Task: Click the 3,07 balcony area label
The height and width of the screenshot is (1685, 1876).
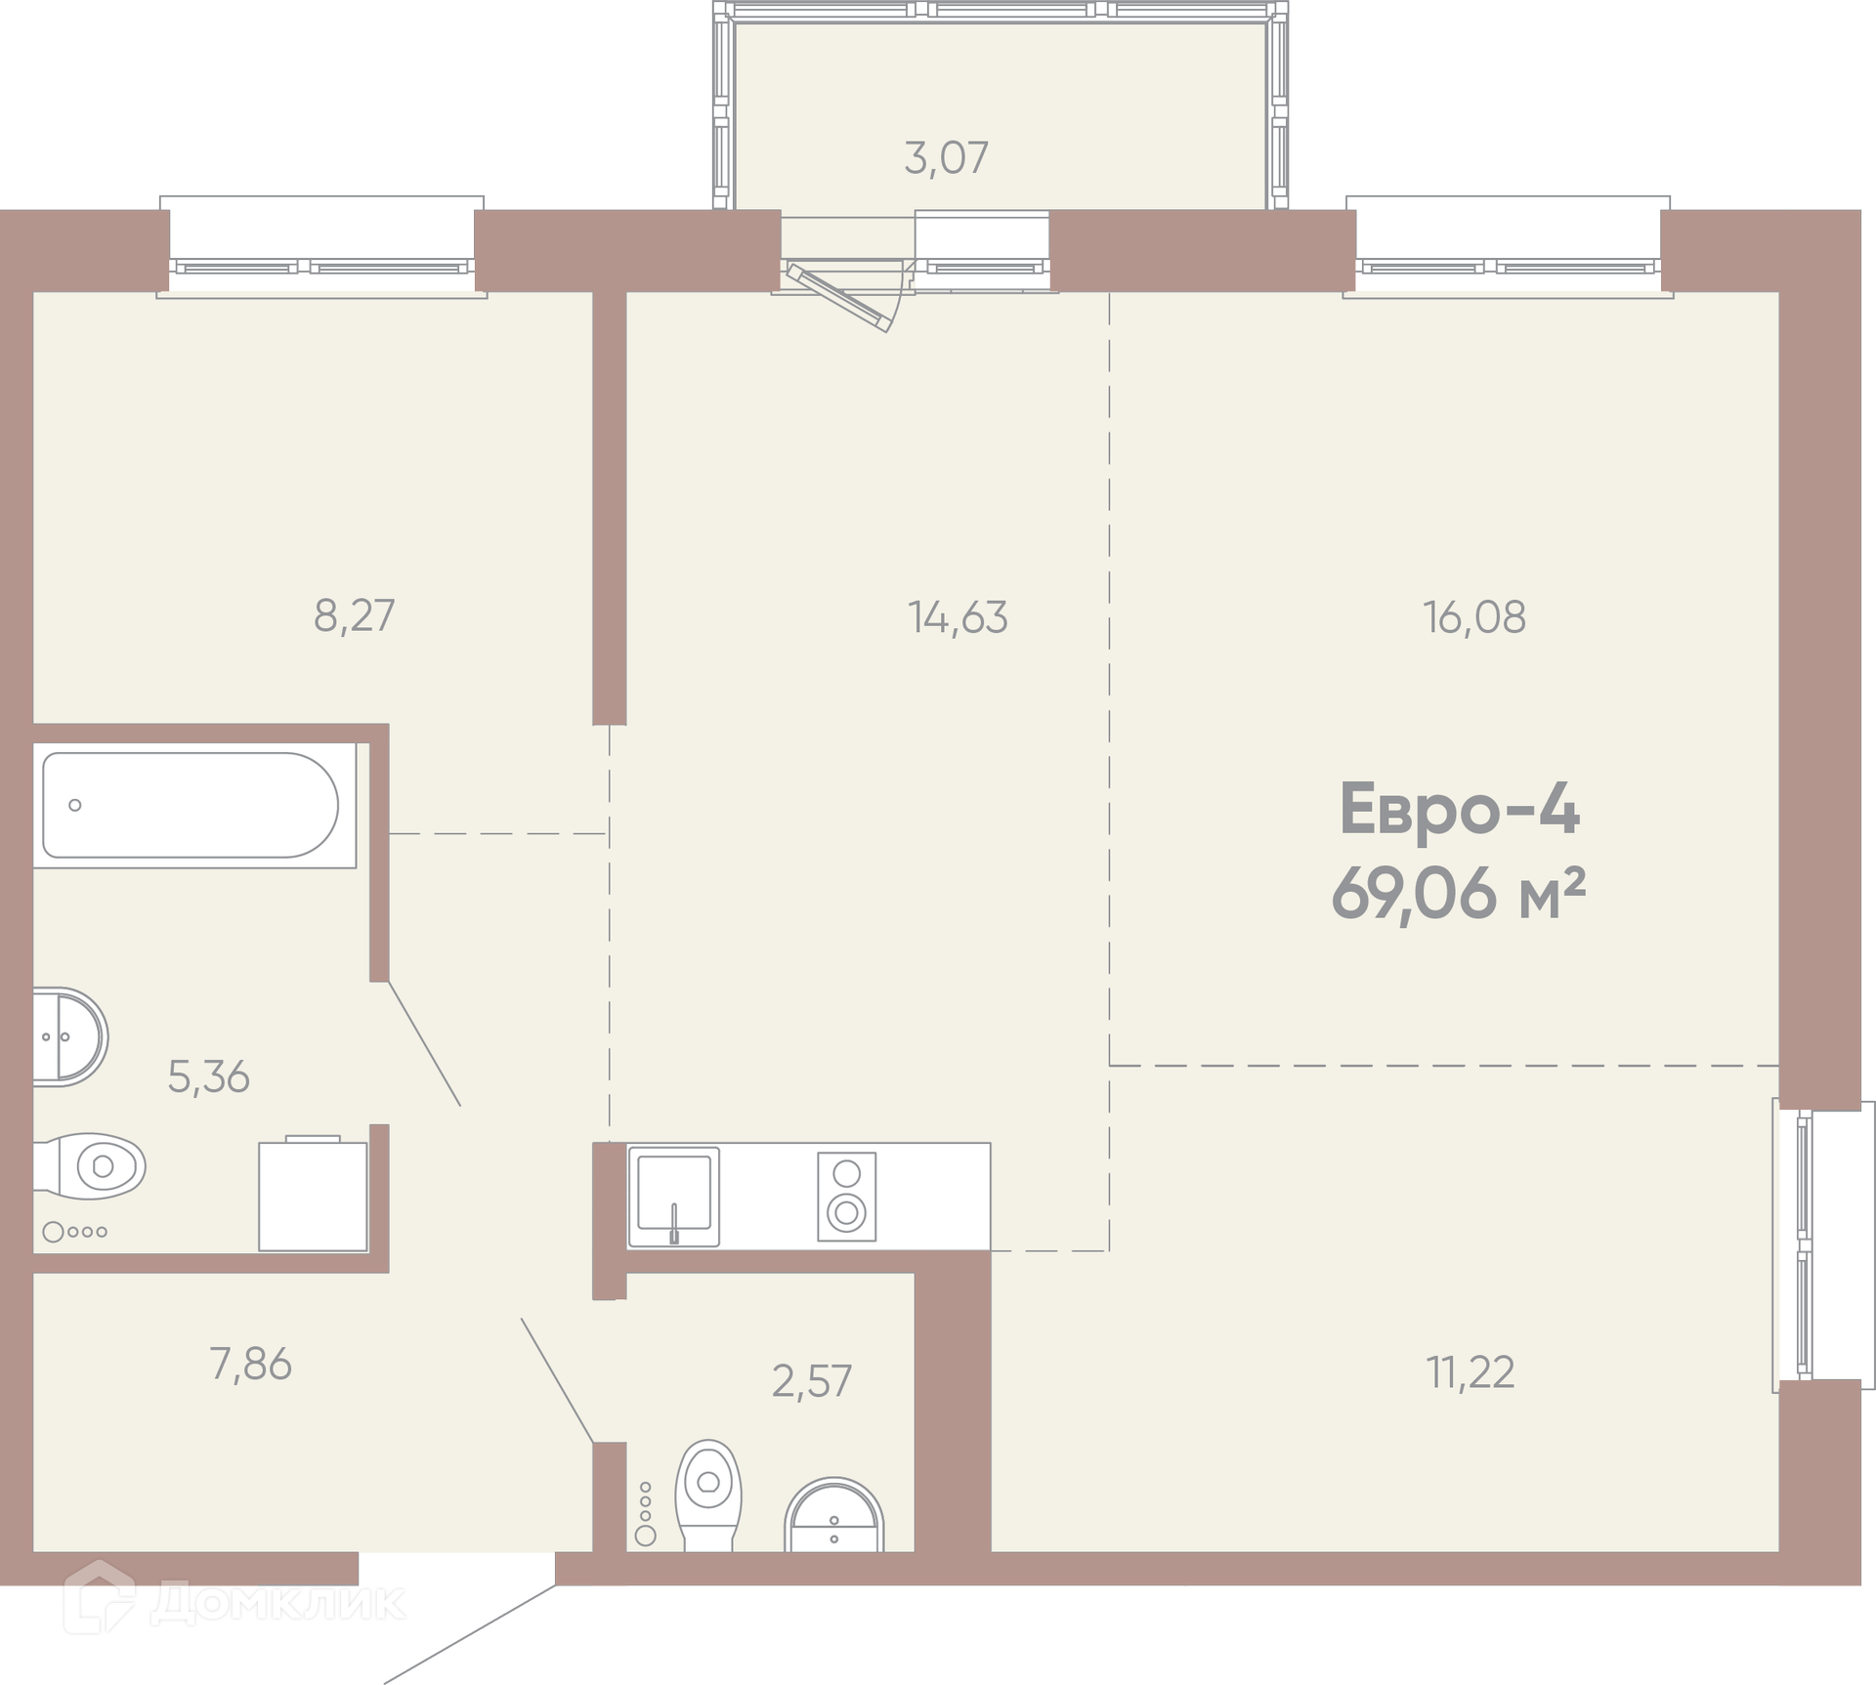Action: coord(946,158)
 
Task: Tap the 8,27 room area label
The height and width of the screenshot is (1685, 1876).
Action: coord(354,616)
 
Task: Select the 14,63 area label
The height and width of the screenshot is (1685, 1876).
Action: coord(958,617)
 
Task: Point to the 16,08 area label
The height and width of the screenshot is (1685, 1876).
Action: coord(1474,617)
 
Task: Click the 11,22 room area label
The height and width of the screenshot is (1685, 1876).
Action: coord(1471,1372)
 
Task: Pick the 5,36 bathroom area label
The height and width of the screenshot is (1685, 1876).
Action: coord(208,1076)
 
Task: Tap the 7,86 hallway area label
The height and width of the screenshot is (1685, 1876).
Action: coord(251,1365)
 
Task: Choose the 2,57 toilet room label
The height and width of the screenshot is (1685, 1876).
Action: coord(812,1381)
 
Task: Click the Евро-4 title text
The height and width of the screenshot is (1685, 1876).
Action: coord(1459,810)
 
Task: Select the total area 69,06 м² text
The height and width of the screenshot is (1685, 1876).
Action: coord(1457,894)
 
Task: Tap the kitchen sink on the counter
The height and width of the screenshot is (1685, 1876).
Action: coord(674,1197)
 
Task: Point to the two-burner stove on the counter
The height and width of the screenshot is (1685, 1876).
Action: coord(846,1197)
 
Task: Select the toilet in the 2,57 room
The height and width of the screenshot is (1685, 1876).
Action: coord(708,1495)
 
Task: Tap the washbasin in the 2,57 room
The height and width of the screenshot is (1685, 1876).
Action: coord(833,1515)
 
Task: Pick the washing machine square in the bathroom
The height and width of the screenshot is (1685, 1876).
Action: coord(313,1195)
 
